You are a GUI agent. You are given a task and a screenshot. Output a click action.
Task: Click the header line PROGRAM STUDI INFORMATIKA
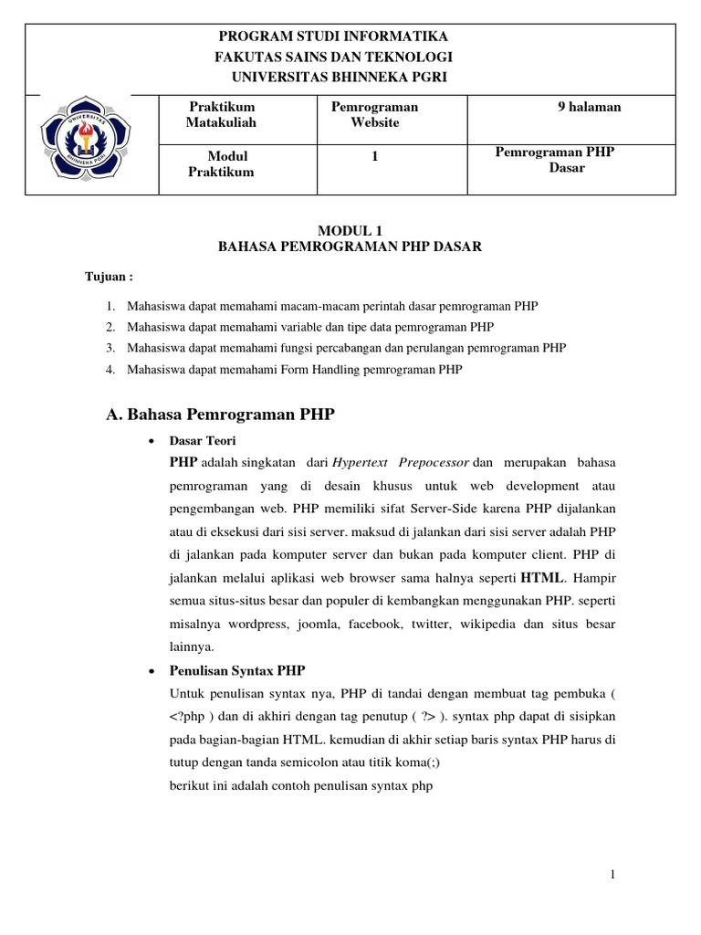(x=332, y=37)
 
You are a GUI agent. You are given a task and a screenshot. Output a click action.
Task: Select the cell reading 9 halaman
(x=589, y=107)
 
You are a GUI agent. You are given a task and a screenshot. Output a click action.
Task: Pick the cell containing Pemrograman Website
(x=374, y=115)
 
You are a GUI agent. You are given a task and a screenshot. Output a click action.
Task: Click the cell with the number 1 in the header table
(x=374, y=157)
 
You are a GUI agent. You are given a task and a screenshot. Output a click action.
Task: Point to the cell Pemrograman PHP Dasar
(x=554, y=161)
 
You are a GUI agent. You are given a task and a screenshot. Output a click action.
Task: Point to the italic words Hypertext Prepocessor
(x=401, y=462)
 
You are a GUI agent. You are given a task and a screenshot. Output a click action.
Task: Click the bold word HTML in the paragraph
(x=542, y=577)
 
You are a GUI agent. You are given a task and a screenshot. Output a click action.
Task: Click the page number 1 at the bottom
(x=613, y=875)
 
